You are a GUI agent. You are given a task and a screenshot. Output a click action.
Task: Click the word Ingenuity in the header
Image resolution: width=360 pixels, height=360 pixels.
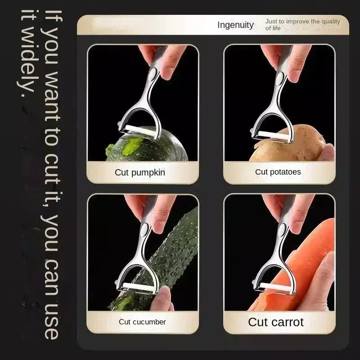[x=235, y=25]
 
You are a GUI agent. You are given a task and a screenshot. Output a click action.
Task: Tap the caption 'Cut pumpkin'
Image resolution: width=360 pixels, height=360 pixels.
[x=140, y=172]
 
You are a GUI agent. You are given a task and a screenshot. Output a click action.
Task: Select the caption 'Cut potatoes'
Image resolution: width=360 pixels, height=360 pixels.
[x=278, y=172]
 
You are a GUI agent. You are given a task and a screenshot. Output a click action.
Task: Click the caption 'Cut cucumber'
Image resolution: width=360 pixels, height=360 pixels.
[x=142, y=322]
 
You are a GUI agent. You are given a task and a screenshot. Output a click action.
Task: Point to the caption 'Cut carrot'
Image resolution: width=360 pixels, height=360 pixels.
[x=276, y=322]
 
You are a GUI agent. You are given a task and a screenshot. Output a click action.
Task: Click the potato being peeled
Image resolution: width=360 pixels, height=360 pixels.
[x=289, y=144]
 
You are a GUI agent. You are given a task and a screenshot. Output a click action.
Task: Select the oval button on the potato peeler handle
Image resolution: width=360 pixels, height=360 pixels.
[x=280, y=78]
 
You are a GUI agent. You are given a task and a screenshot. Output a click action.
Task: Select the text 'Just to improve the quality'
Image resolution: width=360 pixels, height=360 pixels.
[x=302, y=21]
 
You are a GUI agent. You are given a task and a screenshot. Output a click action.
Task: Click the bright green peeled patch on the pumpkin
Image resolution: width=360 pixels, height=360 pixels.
[x=131, y=146]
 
